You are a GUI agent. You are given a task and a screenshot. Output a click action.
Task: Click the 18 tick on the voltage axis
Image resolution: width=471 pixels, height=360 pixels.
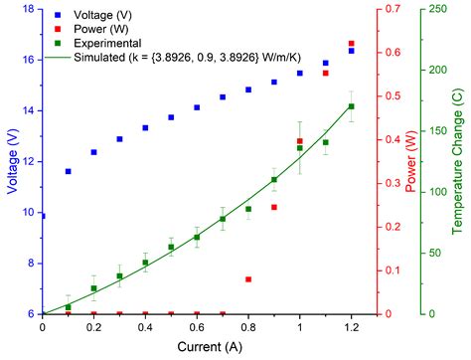coord(30,9)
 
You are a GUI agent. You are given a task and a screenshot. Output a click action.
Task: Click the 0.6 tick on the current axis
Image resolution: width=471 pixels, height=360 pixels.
coord(197,326)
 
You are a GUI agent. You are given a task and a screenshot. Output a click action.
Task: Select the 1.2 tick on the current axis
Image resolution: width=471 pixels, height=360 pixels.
coord(351,326)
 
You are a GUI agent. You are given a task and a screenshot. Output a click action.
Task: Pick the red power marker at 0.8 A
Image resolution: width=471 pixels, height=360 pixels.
coord(248,279)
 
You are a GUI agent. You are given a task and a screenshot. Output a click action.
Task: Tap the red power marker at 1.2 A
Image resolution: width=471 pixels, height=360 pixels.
coord(351,44)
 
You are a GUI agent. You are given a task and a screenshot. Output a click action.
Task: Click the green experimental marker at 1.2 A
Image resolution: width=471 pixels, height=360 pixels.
coord(351,106)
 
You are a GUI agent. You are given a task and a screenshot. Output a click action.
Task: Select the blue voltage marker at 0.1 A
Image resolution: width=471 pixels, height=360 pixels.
coord(69,171)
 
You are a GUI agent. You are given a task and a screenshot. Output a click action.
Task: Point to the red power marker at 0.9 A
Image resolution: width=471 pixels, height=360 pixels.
coord(274,207)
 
